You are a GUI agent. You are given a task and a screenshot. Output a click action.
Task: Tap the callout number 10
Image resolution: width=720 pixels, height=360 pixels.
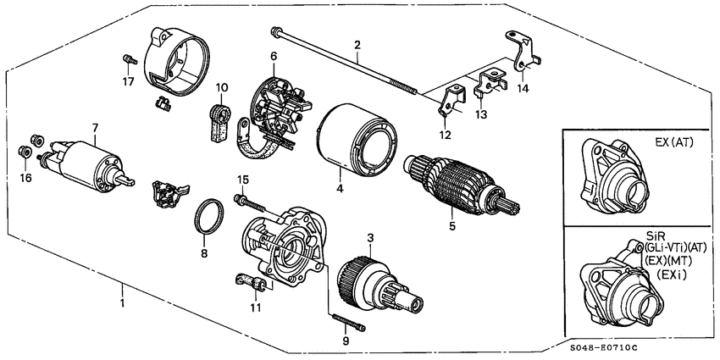point(222,86)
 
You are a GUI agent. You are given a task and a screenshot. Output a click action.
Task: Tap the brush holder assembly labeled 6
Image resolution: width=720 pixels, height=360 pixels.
point(275,108)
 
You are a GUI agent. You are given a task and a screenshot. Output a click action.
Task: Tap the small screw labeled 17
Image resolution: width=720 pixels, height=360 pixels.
point(130,60)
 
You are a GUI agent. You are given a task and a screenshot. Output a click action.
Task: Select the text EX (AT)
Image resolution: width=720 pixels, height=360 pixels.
point(673,143)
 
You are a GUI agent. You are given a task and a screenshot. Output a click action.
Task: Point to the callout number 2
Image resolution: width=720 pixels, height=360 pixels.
point(357,44)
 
